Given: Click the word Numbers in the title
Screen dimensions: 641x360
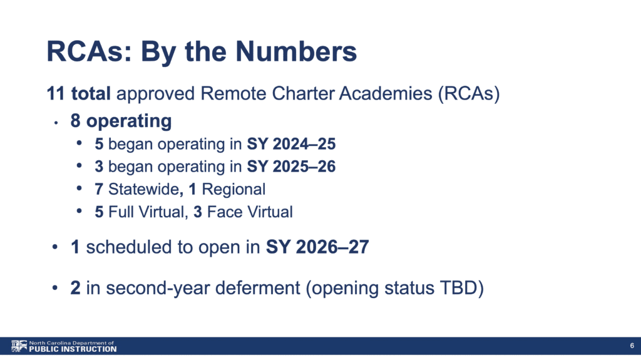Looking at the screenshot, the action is pos(296,51).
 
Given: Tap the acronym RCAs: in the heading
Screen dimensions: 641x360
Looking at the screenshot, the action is pos(90,51).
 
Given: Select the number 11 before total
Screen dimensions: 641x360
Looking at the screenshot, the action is pos(56,94).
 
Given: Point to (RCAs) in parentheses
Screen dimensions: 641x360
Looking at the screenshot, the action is pos(469,94).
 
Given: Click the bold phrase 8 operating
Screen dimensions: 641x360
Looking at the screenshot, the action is pos(121,121).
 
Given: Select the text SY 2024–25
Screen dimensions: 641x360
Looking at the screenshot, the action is pos(291,144).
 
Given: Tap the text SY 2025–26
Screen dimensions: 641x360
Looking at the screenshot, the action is pos(291,167).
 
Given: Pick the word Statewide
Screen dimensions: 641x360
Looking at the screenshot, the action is pos(143,190).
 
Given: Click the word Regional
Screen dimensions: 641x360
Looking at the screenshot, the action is pos(233,190).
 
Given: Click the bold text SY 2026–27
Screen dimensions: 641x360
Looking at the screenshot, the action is pos(317,247).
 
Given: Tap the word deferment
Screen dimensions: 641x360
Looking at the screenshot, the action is pos(257,287).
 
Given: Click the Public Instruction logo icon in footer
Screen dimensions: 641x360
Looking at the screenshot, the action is pos(19,346).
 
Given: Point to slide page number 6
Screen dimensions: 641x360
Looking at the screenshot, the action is pos(632,346).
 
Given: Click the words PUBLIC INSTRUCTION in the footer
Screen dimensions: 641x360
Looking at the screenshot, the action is pos(73,349).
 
